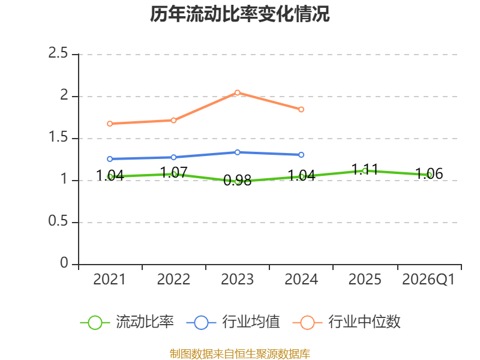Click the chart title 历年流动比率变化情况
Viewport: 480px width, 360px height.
coord(239,14)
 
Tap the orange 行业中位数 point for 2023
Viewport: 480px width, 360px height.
coord(238,92)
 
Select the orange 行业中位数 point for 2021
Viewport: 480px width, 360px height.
coord(110,124)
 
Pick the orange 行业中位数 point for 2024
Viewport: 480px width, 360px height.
coord(301,109)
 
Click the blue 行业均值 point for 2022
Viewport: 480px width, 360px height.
coord(173,157)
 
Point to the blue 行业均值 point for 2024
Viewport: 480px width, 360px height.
coord(301,155)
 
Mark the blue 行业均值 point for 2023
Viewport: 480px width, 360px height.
coord(238,152)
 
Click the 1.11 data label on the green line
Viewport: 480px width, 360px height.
coord(365,169)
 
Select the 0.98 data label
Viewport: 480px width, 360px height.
coord(238,180)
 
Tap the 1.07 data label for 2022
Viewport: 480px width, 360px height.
coord(173,172)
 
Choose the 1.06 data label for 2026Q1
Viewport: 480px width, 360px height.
coord(429,173)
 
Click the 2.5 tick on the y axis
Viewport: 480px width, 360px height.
coord(58,53)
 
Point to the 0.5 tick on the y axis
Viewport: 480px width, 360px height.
coord(58,221)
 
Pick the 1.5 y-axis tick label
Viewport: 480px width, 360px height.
coord(58,137)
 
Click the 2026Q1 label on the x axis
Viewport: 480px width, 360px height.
coord(428,279)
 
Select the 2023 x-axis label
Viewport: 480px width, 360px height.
coord(237,279)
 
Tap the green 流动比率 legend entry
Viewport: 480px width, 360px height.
coord(127,322)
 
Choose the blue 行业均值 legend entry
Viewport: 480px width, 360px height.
coord(233,322)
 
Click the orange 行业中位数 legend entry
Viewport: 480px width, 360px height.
coord(347,322)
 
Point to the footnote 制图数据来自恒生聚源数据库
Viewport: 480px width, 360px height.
coord(240,354)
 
